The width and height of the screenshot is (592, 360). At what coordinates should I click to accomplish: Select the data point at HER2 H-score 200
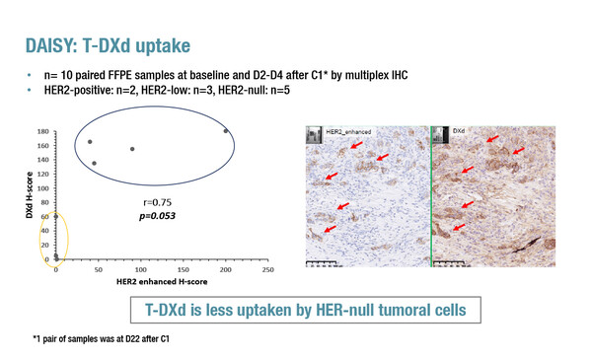point(226,131)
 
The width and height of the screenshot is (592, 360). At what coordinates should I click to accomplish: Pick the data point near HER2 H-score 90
point(132,149)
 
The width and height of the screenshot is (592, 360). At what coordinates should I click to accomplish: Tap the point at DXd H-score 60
point(56,216)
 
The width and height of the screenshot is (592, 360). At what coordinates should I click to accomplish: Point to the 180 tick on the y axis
point(42,130)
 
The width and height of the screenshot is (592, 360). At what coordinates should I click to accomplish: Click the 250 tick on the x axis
point(267,269)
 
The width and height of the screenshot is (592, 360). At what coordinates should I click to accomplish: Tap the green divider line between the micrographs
point(431,197)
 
